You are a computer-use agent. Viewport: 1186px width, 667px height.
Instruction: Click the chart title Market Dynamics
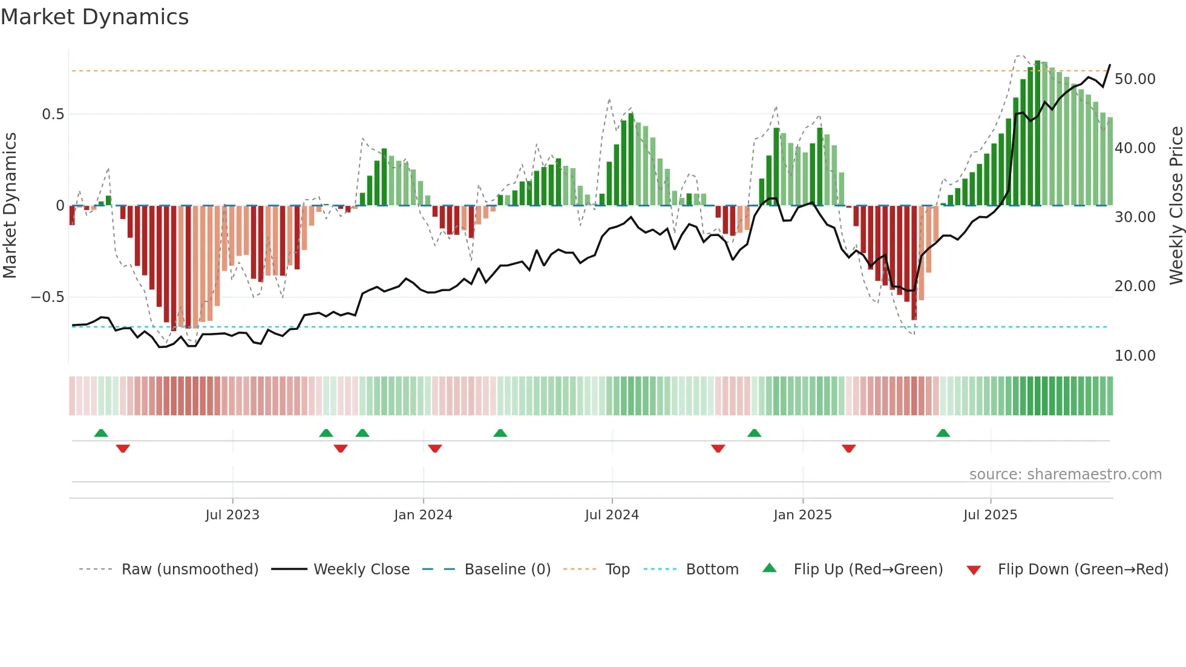[94, 17]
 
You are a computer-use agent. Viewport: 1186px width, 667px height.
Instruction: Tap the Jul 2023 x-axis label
[232, 515]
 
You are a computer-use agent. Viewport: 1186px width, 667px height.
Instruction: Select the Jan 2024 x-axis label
[423, 515]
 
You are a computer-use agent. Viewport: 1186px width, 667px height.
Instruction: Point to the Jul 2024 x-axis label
[612, 515]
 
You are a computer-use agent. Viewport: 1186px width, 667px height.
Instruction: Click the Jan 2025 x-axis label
[802, 515]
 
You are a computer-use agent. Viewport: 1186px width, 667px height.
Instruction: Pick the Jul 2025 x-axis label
[991, 515]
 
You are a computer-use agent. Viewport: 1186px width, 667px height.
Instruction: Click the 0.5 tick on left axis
[53, 114]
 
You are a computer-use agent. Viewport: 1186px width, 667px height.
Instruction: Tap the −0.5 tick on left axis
[48, 297]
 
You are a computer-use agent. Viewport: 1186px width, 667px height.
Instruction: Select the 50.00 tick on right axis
[1135, 79]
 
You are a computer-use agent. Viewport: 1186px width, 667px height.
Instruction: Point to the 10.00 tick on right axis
[1135, 356]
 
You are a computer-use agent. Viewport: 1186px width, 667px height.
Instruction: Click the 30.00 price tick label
[1135, 217]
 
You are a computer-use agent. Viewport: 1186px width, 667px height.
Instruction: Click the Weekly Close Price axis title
[1176, 205]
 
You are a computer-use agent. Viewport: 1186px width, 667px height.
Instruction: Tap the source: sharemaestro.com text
[1065, 475]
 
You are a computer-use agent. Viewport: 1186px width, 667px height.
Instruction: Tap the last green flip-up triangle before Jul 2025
[943, 433]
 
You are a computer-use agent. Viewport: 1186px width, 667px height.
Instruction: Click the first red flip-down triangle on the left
[123, 448]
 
